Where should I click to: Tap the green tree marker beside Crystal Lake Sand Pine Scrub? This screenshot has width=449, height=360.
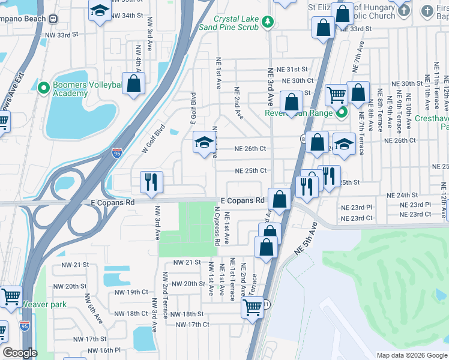[268, 23]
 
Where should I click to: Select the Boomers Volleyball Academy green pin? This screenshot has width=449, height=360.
[43, 88]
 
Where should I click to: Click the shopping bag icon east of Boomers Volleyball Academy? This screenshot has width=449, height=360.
[133, 83]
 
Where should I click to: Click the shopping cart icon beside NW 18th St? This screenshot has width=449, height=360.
[252, 307]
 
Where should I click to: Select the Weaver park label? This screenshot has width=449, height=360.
[44, 304]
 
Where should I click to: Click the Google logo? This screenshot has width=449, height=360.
[20, 353]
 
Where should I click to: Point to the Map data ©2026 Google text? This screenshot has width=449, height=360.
[411, 355]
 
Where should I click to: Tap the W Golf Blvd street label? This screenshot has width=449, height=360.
[153, 139]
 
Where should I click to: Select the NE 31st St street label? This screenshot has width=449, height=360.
[292, 70]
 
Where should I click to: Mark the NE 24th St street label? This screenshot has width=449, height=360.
[402, 195]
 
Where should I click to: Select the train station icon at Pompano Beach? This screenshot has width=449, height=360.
[53, 17]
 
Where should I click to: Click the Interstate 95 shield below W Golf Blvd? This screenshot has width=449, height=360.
[118, 154]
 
